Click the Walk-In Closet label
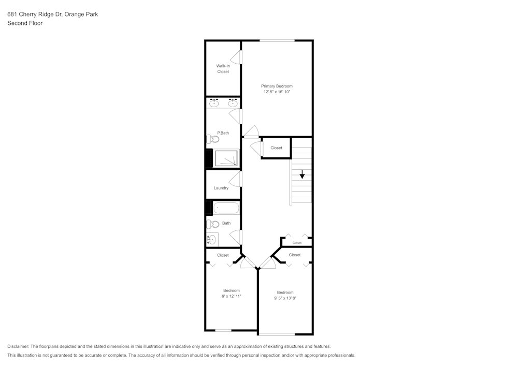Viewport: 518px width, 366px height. pos(223,69)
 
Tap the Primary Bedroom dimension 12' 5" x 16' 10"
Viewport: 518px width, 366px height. pos(277,92)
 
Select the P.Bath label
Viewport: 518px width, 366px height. pos(223,133)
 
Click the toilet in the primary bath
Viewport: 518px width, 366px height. pos(212,139)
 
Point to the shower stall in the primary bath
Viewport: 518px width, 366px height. pos(226,158)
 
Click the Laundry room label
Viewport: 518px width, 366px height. pos(221,188)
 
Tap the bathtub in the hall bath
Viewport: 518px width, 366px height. pos(226,208)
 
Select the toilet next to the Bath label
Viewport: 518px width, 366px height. pos(212,224)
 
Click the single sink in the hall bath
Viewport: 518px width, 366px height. pos(211,239)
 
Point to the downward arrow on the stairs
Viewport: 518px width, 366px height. pos(302,175)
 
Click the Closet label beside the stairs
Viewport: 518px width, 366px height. pos(277,148)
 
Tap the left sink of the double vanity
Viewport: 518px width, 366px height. pos(214,103)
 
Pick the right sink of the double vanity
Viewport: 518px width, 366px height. pos(233,103)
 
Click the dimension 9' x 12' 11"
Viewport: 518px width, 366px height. pos(232,296)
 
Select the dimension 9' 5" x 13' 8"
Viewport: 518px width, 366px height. pos(285,298)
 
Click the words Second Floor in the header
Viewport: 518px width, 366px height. pos(25,23)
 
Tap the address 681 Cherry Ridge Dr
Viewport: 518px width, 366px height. pos(35,14)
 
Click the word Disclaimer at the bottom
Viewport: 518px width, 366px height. pos(18,346)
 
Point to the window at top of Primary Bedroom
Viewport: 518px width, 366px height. pos(277,40)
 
